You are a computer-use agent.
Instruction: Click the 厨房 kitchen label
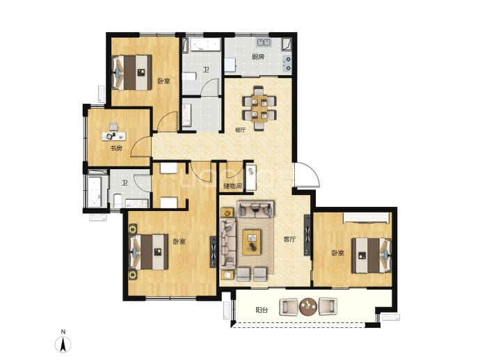258,56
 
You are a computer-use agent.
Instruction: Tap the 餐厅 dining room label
240,130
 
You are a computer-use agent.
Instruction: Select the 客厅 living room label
289,240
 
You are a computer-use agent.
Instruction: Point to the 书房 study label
116,148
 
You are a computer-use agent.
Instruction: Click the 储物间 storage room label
233,186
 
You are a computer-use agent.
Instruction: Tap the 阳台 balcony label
262,310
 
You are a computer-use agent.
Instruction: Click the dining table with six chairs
259,108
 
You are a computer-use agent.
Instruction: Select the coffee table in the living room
252,242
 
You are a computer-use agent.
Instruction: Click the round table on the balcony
308,306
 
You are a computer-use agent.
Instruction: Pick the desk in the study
113,136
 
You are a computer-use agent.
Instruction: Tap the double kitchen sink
264,42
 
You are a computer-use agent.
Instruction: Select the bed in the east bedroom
371,256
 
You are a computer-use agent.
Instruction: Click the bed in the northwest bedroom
132,72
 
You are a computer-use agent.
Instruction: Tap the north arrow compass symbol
63,344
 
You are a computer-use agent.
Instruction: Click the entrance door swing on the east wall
307,175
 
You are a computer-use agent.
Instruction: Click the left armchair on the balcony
289,307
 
